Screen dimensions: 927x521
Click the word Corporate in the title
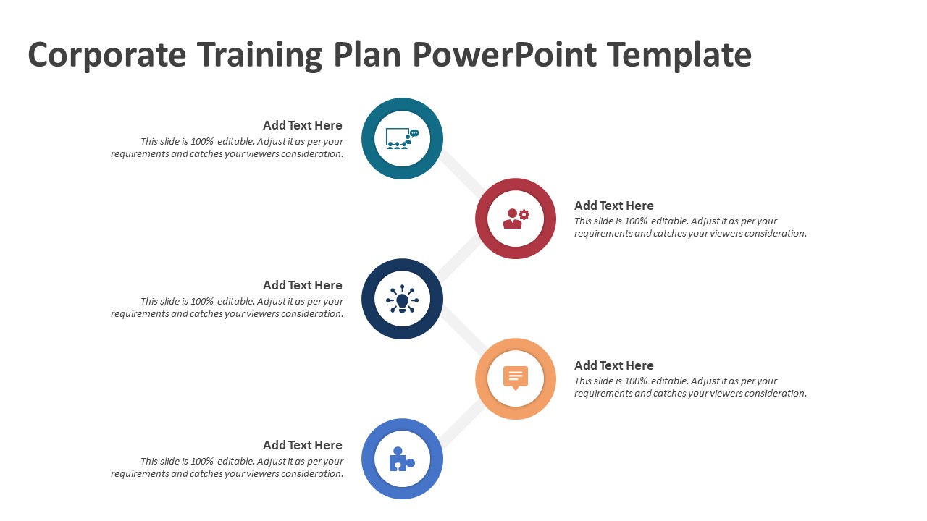pos(106,55)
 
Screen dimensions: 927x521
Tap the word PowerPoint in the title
pos(505,54)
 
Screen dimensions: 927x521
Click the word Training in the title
pos(259,55)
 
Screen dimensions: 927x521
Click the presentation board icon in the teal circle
pos(402,138)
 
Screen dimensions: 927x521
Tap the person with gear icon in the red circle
pos(516,219)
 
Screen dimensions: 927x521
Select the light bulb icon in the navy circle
pos(402,299)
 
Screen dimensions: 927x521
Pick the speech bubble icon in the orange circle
pos(515,378)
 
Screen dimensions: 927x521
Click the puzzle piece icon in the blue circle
pos(402,459)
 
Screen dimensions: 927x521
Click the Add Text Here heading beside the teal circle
pos(303,125)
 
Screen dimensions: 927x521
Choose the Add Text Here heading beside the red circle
pos(613,206)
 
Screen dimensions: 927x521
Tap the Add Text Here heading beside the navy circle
pos(303,285)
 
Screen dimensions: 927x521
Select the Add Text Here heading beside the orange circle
pos(613,365)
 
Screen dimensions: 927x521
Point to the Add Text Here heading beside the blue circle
pos(303,445)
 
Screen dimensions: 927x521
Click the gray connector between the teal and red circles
pos(461,174)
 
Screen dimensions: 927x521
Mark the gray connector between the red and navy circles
pos(459,258)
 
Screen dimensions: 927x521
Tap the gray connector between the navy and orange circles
pos(462,332)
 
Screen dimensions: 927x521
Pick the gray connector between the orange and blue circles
pos(461,423)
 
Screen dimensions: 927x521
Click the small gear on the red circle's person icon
pos(524,214)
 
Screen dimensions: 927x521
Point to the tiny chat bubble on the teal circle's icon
pos(414,133)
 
